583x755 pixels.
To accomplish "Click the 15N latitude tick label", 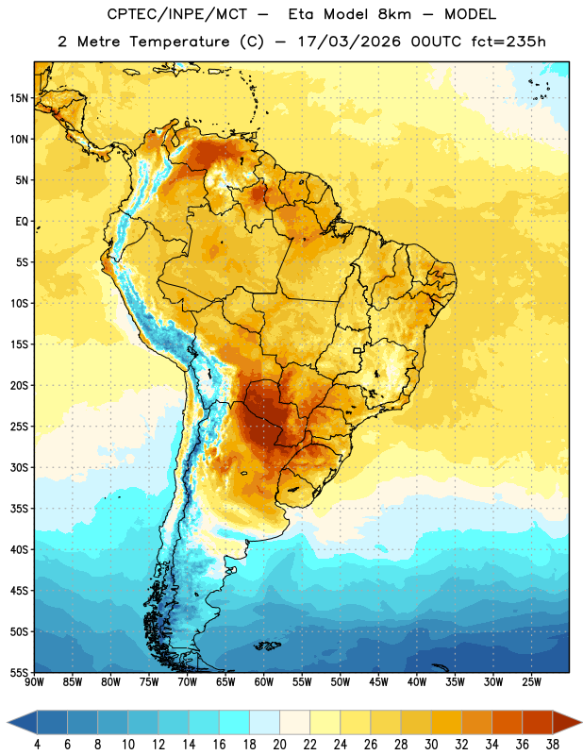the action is point(19,98).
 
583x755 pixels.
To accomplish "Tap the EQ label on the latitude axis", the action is point(22,222).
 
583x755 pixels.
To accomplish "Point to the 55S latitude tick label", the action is point(19,672).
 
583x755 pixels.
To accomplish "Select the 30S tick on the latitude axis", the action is point(19,467).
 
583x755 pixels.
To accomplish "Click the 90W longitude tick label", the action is point(34,682).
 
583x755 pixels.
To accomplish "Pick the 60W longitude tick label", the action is point(264,682).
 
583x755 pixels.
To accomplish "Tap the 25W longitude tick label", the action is point(531,682).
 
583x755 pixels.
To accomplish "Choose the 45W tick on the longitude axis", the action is point(378,682).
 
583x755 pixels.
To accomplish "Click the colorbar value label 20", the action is point(279,744).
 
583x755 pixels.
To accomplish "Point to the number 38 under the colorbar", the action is point(553,744).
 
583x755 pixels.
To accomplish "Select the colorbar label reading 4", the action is point(37,744).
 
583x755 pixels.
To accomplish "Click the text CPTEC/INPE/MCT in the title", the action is point(177,14).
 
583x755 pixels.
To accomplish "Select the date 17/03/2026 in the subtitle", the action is point(349,42).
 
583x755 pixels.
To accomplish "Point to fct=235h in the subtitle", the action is point(508,42).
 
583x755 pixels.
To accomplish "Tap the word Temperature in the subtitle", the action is point(179,42).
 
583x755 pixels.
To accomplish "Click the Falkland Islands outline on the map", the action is point(268,646).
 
